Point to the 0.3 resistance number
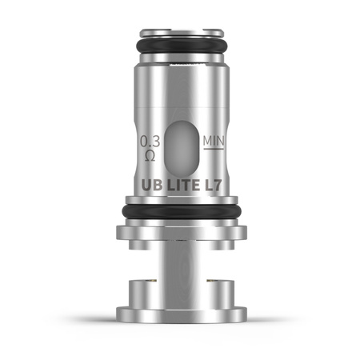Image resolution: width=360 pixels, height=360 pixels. (x=149, y=142)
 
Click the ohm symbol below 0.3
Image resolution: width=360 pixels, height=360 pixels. (x=150, y=155)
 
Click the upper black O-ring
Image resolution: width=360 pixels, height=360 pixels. (x=180, y=47)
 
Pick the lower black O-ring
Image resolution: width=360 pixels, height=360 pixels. (x=180, y=211)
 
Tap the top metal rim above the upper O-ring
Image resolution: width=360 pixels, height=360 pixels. (x=180, y=34)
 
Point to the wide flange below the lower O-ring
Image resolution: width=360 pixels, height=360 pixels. (x=180, y=233)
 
